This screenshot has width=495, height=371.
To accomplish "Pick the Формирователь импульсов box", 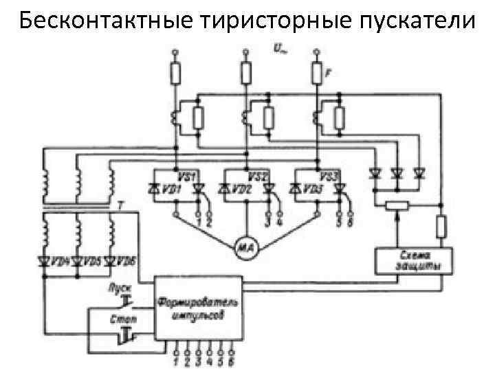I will tap(197, 308).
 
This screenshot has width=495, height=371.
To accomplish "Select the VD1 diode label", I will tap(170, 188).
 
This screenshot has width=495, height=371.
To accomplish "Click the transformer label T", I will tap(121, 205).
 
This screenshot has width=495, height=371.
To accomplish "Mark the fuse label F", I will tap(329, 69).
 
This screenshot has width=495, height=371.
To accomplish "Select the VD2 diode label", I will tap(238, 188).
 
